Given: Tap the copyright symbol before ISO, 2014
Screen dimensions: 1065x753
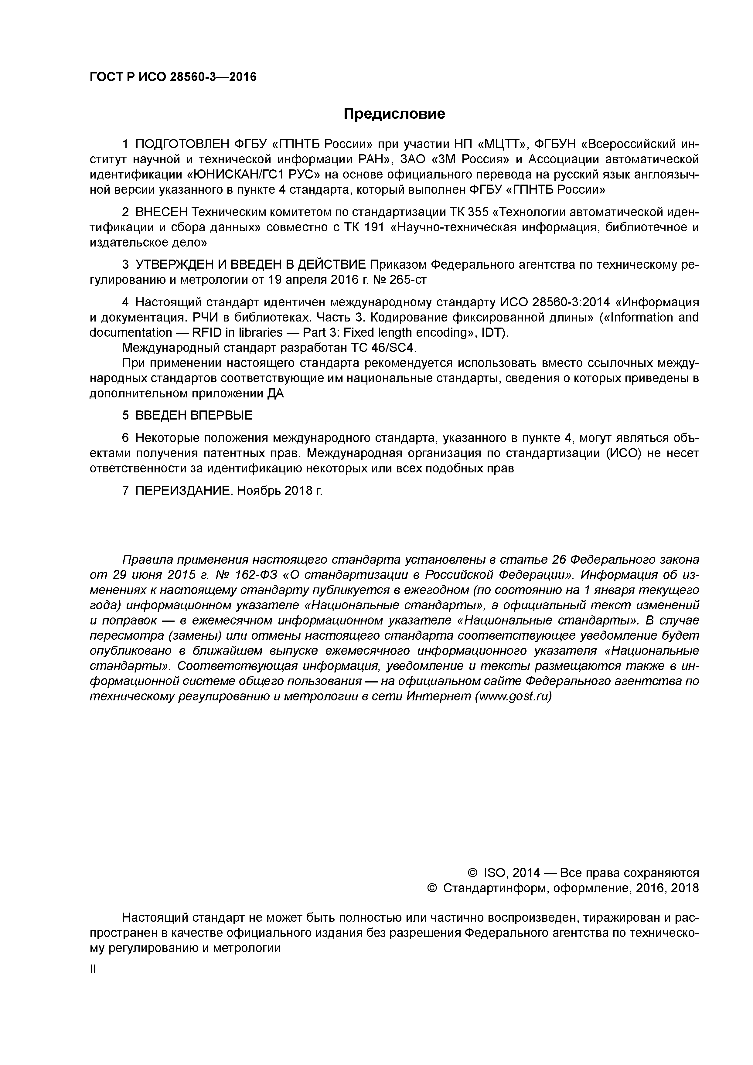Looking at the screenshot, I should [472, 873].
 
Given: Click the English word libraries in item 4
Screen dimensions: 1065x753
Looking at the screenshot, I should [260, 332].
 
